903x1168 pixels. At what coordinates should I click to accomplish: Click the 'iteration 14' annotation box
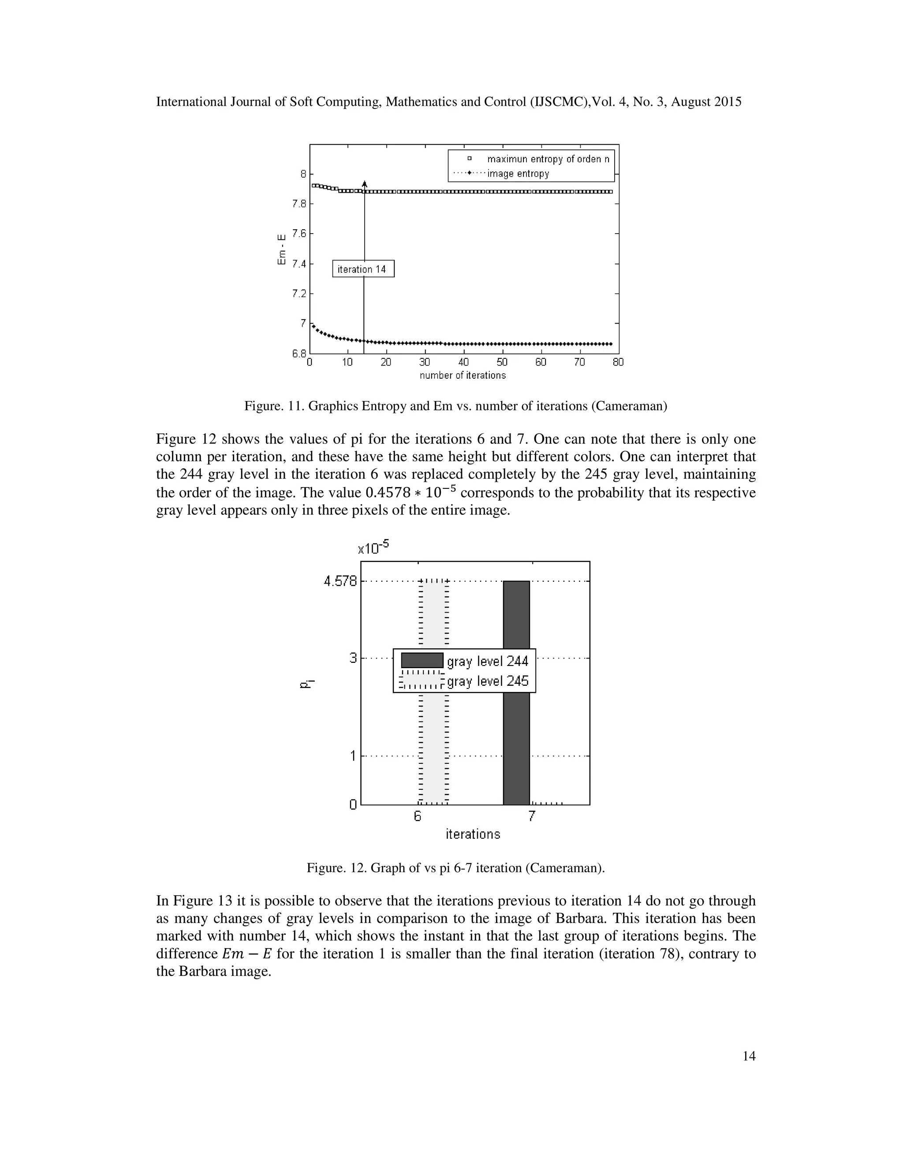[363, 269]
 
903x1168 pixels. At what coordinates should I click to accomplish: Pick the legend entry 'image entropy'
[518, 174]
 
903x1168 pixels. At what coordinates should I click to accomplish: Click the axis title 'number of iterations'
[463, 376]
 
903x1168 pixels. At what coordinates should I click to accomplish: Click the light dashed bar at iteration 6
[433, 749]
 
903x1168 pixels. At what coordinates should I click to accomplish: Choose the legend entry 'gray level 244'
[487, 662]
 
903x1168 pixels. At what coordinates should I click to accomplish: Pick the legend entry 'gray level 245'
[487, 681]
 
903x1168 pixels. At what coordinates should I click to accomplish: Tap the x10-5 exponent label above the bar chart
[373, 548]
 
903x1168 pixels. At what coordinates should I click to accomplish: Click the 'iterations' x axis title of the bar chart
[473, 834]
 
